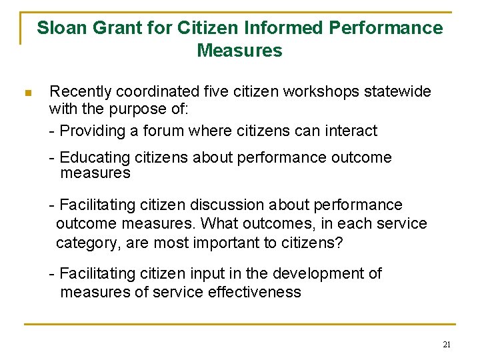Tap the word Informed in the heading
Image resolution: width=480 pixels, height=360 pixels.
click(x=289, y=28)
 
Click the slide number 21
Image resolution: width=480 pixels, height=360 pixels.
click(x=447, y=344)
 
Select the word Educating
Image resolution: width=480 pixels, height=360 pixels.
click(x=94, y=158)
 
